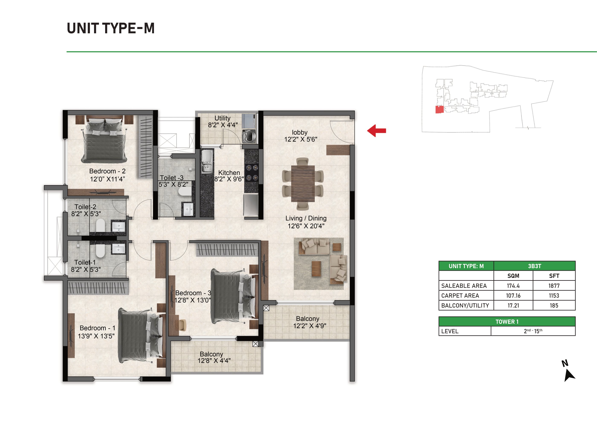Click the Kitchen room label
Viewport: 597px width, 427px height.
pyautogui.click(x=229, y=173)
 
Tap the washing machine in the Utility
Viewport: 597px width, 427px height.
pyautogui.click(x=249, y=136)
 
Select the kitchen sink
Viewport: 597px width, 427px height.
pyautogui.click(x=207, y=161)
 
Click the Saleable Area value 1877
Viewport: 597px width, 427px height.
pyautogui.click(x=554, y=286)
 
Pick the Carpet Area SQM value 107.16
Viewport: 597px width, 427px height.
pyautogui.click(x=513, y=295)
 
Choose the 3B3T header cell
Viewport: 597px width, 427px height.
pyautogui.click(x=535, y=266)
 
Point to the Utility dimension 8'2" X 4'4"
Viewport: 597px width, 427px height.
pyautogui.click(x=223, y=125)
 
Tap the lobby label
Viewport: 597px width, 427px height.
pyautogui.click(x=300, y=133)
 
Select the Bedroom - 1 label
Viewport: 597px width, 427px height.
pyautogui.click(x=97, y=328)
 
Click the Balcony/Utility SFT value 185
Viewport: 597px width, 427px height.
pyautogui.click(x=554, y=306)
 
